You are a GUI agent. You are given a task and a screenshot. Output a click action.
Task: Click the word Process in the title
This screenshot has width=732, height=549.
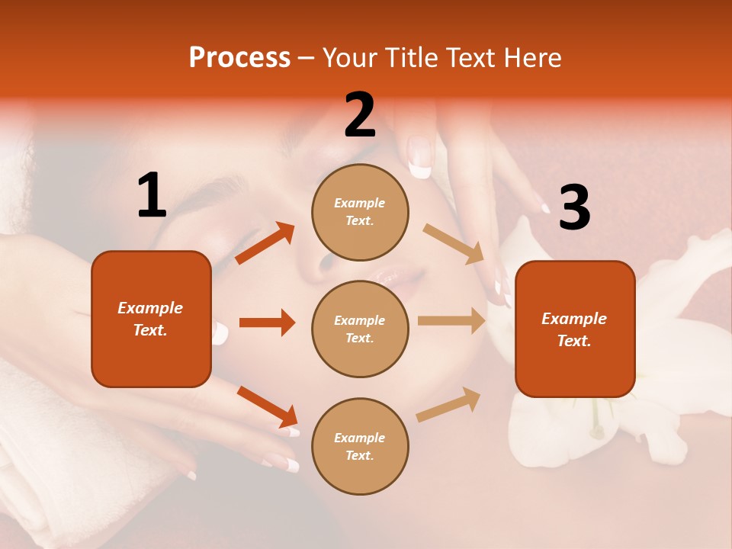239,58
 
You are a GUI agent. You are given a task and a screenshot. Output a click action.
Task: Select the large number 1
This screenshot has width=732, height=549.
152,197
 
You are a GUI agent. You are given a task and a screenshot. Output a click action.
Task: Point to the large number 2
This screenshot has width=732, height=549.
360,115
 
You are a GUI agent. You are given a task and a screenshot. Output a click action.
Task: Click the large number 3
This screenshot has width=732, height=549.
574,208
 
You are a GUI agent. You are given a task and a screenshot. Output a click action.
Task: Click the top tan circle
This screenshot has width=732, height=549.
360,212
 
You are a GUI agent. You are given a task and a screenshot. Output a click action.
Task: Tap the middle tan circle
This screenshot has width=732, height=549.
360,329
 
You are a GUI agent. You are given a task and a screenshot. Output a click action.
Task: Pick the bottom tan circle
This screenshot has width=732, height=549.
360,446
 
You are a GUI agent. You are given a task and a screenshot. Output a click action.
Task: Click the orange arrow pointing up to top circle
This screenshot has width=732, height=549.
265,243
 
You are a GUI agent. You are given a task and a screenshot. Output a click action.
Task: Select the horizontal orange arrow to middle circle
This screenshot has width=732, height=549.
267,323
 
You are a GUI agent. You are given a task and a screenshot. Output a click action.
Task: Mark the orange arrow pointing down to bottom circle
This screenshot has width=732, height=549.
267,406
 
